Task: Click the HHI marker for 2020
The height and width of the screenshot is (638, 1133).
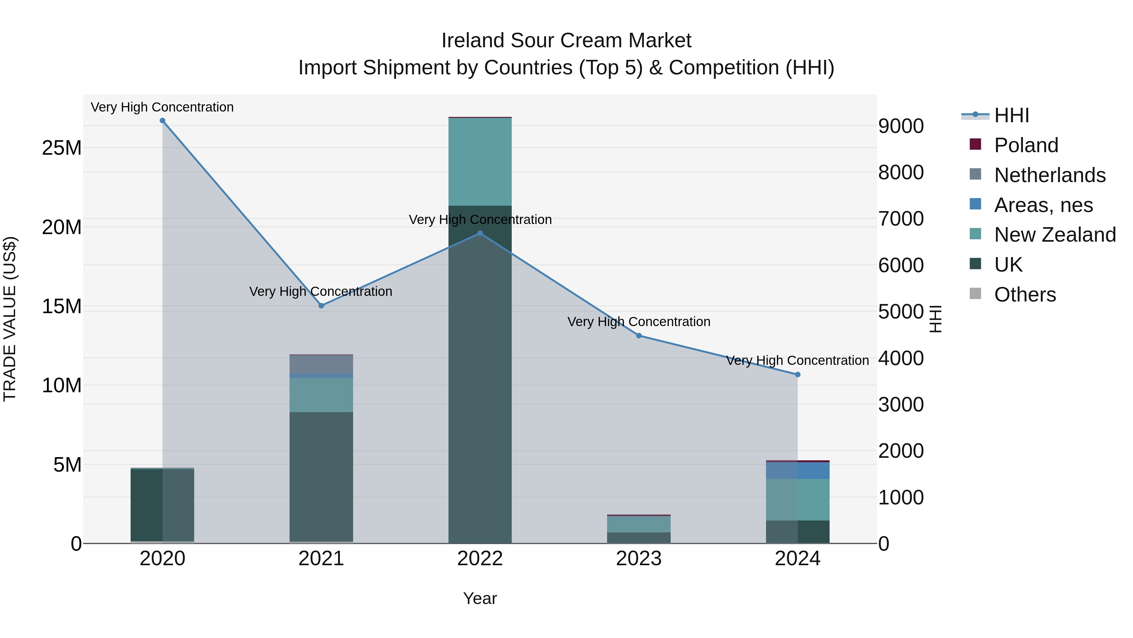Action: point(162,121)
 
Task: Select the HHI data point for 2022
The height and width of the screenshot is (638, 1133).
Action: point(480,234)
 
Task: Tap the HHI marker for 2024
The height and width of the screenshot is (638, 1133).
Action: point(798,375)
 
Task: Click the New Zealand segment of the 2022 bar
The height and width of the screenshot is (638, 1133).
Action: point(480,162)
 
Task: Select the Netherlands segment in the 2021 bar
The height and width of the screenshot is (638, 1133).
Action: point(321,364)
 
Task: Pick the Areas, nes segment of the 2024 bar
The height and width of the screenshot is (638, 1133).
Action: point(798,471)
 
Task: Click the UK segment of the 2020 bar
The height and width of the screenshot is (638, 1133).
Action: point(162,505)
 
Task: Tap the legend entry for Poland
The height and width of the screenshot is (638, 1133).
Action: point(1025,145)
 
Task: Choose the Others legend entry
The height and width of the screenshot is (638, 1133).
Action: point(1024,295)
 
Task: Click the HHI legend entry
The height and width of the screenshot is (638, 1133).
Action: point(1011,115)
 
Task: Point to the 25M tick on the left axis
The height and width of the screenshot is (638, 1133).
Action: point(62,148)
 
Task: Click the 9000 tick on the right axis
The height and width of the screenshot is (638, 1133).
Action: point(901,126)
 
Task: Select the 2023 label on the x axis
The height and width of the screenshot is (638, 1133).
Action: point(639,559)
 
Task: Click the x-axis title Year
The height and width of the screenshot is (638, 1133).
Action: point(480,598)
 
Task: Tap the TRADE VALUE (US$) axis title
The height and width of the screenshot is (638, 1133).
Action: point(10,319)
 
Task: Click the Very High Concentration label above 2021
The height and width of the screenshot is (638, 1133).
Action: point(321,291)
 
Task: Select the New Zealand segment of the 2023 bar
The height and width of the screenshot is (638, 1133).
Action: point(639,524)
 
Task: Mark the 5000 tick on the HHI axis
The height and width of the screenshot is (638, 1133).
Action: point(901,312)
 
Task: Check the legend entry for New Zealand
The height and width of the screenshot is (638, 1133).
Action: point(1054,235)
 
